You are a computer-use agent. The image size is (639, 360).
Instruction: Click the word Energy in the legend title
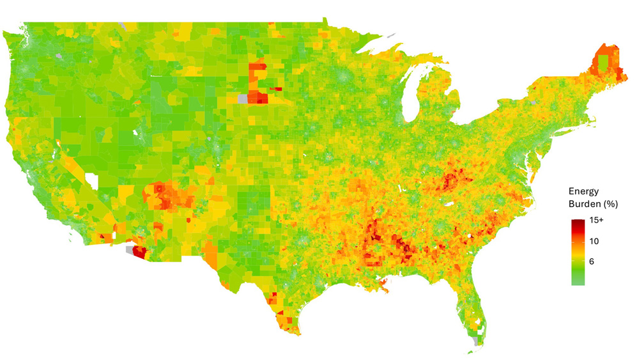tap(583, 191)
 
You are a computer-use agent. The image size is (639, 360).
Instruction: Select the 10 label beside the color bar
tap(594, 241)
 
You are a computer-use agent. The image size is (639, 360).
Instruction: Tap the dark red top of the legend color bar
tap(578, 222)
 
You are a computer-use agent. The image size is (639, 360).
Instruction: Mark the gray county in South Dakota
tap(242, 98)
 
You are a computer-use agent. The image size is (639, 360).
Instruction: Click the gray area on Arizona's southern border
tap(131, 248)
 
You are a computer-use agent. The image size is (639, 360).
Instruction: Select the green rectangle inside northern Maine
tap(603, 63)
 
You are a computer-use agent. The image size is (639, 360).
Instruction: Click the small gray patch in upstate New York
tap(532, 102)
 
